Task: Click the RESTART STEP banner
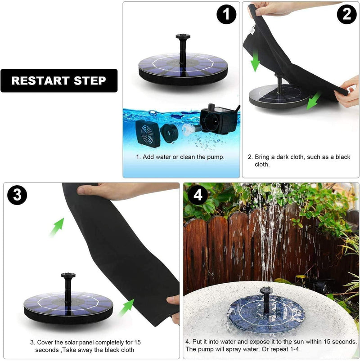pos(59,80)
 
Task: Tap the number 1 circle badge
pos(226,15)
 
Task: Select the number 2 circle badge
pos(346,15)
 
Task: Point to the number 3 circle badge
pos(17,195)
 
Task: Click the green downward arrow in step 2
pos(256,62)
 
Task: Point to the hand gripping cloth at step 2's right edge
pos(349,92)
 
